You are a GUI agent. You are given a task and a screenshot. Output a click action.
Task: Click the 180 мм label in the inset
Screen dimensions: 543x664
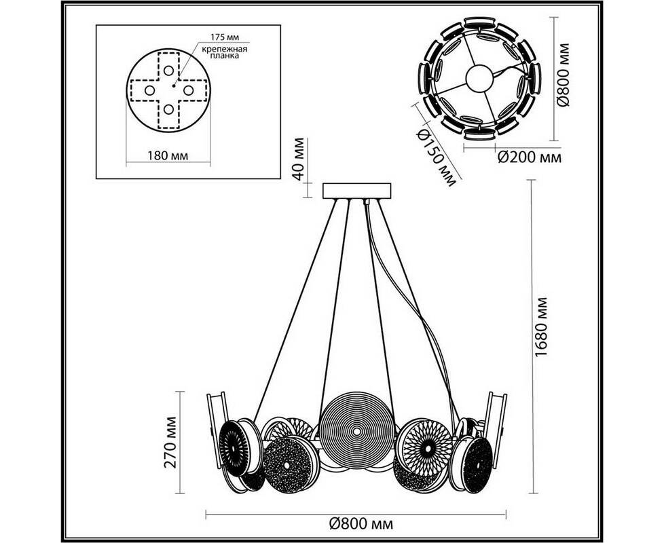click(x=168, y=156)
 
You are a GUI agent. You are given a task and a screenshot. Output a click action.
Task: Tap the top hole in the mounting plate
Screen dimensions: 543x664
click(x=168, y=70)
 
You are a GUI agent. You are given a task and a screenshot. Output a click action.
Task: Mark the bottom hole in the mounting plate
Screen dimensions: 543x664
click(x=168, y=109)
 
